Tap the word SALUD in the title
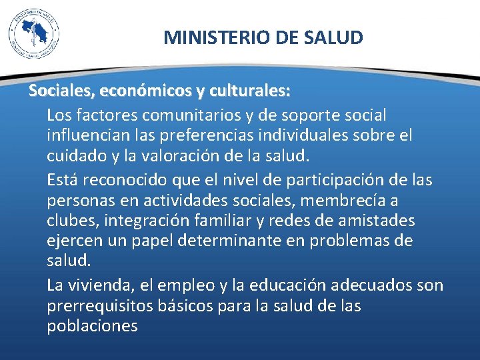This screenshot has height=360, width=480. [337, 37]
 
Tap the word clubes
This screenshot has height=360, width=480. [69, 221]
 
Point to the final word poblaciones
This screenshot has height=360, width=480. [92, 327]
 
